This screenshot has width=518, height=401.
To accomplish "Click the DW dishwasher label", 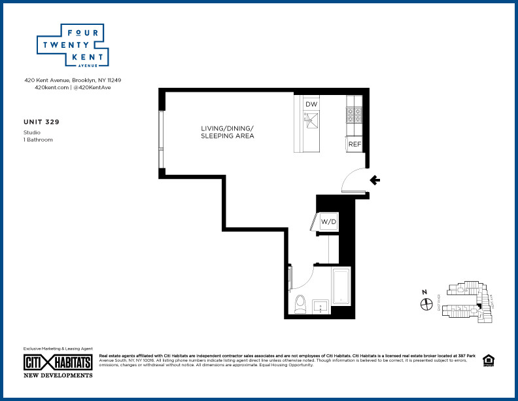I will [311, 105].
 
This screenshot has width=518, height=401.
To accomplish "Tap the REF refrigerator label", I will [354, 144].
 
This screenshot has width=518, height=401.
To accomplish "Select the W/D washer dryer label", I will [328, 221].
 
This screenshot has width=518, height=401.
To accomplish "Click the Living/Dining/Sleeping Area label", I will [227, 132].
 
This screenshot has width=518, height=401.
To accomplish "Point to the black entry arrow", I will [375, 180].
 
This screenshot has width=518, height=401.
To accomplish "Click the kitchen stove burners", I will [354, 115].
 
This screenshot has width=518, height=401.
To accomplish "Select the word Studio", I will [31, 132].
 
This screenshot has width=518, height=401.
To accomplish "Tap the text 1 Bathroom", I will [38, 140].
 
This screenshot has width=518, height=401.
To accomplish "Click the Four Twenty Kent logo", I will [72, 45].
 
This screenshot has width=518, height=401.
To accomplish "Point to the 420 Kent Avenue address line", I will [73, 80].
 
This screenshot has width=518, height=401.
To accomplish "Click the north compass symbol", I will [426, 303].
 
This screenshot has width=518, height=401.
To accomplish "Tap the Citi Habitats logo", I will [58, 362].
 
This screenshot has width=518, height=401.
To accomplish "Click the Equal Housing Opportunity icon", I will [487, 360].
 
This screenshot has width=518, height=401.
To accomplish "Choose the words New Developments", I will [58, 375].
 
